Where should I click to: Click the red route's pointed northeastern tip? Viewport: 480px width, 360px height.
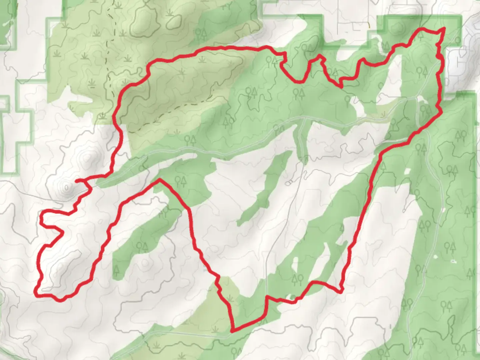click(x=444, y=29)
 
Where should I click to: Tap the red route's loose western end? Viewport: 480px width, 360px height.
click(x=76, y=181)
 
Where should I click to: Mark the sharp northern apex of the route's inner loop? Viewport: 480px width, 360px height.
click(x=160, y=180)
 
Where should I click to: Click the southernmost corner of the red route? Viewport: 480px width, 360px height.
click(x=232, y=331)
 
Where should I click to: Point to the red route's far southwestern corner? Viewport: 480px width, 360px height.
click(x=36, y=294)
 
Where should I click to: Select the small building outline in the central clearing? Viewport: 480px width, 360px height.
click(x=289, y=182)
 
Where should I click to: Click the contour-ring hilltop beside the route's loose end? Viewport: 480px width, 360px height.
click(x=66, y=188)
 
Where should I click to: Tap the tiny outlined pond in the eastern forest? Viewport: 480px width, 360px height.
click(x=453, y=261)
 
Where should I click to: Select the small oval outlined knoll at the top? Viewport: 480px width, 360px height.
click(x=173, y=21)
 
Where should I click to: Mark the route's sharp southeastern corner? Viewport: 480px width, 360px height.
click(x=340, y=292)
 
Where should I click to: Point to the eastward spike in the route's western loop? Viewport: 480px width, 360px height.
click(x=63, y=231)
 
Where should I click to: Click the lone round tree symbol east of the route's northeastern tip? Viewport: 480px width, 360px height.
click(x=458, y=41)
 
